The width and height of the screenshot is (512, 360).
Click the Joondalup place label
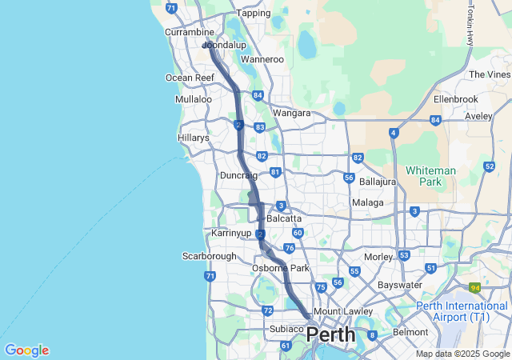tap(226, 46)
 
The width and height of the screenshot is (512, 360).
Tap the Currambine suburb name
tap(189, 32)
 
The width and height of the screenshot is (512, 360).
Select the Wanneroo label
tap(262, 59)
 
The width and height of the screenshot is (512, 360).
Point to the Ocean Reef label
tap(190, 78)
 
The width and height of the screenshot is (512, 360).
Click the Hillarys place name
tap(193, 138)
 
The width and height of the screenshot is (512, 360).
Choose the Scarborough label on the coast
tap(210, 256)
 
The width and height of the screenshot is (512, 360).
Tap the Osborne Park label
tap(280, 268)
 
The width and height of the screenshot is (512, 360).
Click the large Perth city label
tap(331, 334)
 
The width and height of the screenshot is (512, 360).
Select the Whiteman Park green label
tap(430, 176)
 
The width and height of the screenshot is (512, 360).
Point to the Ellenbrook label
tap(455, 99)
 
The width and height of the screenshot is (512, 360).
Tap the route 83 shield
tap(260, 127)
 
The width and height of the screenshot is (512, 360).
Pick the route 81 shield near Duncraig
tap(275, 172)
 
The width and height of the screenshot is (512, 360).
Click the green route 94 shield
tap(475, 287)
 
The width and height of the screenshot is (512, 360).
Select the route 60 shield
tap(297, 233)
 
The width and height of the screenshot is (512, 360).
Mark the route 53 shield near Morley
tap(404, 255)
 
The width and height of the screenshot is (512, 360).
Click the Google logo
tap(26, 350)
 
